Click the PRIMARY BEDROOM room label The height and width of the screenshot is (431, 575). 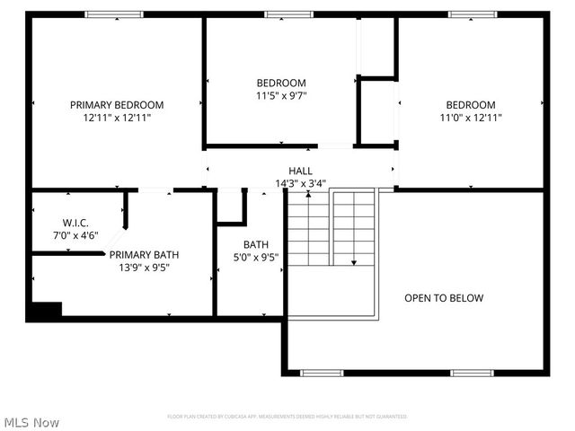117,104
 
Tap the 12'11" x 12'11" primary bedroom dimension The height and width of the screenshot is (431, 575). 117,117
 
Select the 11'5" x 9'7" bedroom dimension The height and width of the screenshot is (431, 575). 281,95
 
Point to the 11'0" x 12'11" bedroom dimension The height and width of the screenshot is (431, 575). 471,117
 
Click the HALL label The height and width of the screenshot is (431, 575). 300,171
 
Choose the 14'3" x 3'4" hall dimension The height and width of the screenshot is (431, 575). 300,183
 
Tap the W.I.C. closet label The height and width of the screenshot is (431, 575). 74,222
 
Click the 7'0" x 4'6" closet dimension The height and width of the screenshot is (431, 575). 74,235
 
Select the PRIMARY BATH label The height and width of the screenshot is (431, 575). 139,254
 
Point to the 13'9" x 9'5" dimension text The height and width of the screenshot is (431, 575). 139,267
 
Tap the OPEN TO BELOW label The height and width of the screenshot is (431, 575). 444,298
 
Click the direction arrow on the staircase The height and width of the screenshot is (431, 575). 354,260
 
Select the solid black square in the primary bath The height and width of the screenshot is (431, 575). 43,311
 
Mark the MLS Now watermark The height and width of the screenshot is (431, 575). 31,422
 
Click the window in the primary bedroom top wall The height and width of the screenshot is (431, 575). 113,14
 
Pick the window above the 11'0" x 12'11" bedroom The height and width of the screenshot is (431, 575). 472,14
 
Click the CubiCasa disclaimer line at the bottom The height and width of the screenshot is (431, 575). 287,417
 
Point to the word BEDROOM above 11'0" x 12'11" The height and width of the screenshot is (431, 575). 471,104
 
